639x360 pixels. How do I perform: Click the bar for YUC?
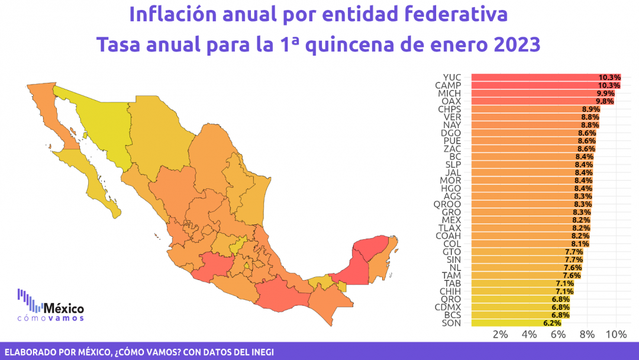click(532, 78)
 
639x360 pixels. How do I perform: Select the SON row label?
click(451, 323)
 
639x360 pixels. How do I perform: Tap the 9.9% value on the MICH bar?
click(605, 94)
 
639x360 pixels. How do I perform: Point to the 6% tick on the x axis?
click(558, 335)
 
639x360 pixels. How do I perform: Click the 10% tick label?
click(616, 335)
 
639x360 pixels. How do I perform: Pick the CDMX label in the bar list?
click(448, 307)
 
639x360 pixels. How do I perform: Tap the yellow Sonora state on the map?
click(98, 127)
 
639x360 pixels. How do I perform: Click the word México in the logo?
click(64, 309)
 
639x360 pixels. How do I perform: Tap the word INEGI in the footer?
click(258, 351)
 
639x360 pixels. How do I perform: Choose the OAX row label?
click(451, 101)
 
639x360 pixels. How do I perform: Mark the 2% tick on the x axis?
click(500, 335)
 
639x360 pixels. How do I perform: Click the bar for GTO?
click(521, 252)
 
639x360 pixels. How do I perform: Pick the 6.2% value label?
click(551, 323)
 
